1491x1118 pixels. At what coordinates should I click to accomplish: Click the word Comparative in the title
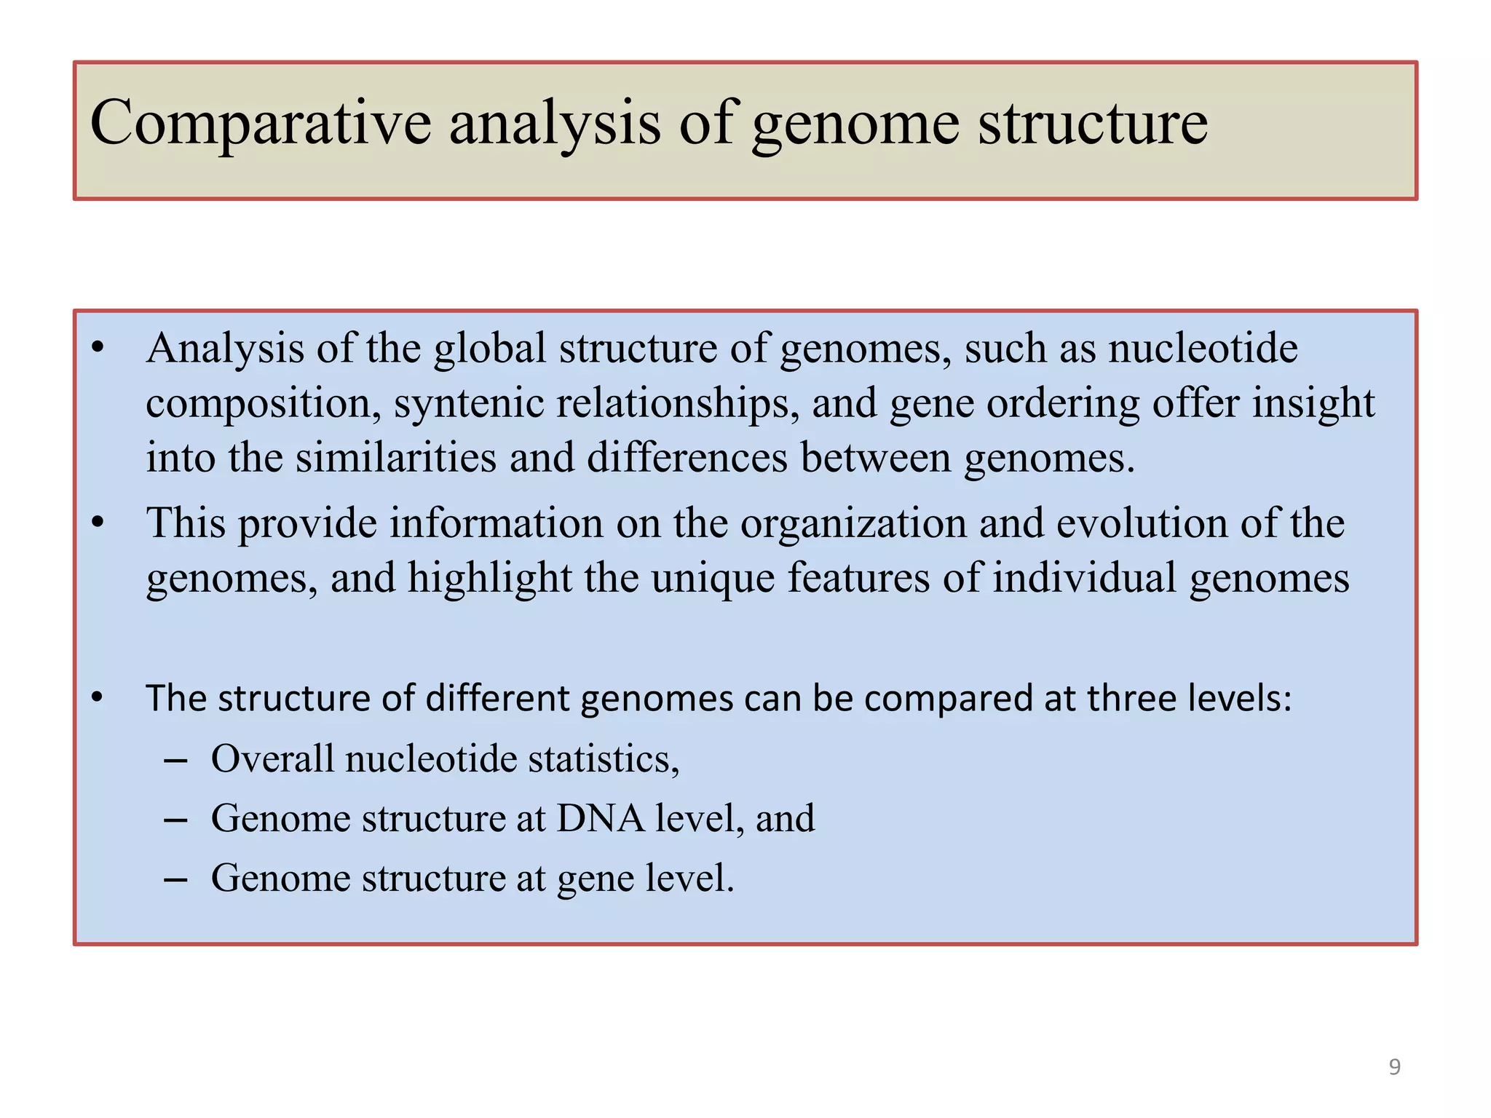pyautogui.click(x=260, y=124)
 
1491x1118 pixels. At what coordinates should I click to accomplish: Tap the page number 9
pyautogui.click(x=1394, y=1067)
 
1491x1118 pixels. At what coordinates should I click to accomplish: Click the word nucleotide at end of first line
pyautogui.click(x=1203, y=348)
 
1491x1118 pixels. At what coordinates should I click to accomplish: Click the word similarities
pyautogui.click(x=395, y=459)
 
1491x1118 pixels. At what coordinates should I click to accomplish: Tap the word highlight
pyautogui.click(x=489, y=578)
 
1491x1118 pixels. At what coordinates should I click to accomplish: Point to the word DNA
pyautogui.click(x=600, y=818)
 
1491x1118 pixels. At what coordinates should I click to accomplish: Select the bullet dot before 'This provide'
pyautogui.click(x=98, y=523)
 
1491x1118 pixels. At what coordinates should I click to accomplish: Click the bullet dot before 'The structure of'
pyautogui.click(x=98, y=697)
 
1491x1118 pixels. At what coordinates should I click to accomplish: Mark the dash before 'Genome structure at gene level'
pyautogui.click(x=175, y=879)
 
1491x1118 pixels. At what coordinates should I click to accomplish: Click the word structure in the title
pyautogui.click(x=1092, y=124)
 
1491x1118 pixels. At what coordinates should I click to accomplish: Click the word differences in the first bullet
pyautogui.click(x=687, y=459)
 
